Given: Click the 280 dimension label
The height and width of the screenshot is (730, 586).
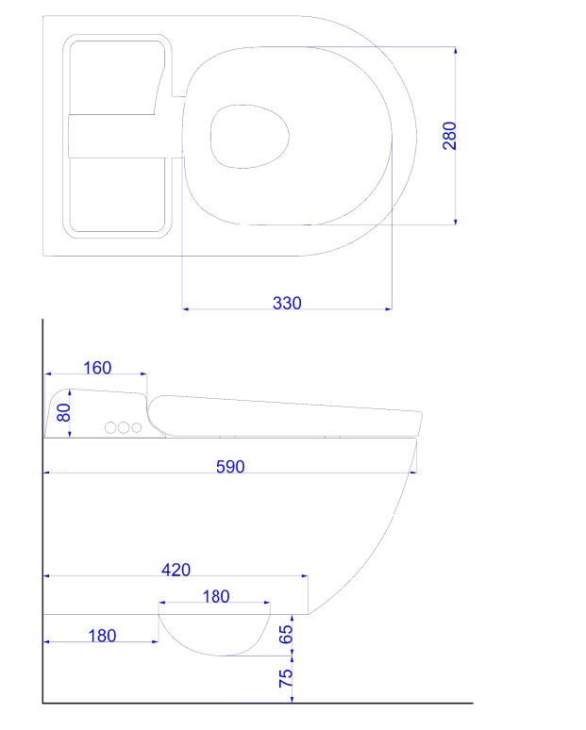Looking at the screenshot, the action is pos(449,136).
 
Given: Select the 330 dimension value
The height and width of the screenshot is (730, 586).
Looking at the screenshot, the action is pos(287,303).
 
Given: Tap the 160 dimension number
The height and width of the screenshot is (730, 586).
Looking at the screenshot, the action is pos(97,368).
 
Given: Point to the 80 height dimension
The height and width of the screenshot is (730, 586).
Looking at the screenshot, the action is pos(63,412).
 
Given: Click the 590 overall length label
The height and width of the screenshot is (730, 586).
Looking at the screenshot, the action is pos(230,467).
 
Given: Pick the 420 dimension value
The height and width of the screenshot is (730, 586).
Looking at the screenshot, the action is pos(176,570).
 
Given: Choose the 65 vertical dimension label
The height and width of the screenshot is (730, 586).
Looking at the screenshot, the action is pos(286,634).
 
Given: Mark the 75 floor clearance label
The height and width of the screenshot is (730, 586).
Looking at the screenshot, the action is pos(286,678).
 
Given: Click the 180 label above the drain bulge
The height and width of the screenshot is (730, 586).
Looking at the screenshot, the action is pos(216,596).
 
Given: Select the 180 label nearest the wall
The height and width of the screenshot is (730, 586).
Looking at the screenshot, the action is pos(102,636).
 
